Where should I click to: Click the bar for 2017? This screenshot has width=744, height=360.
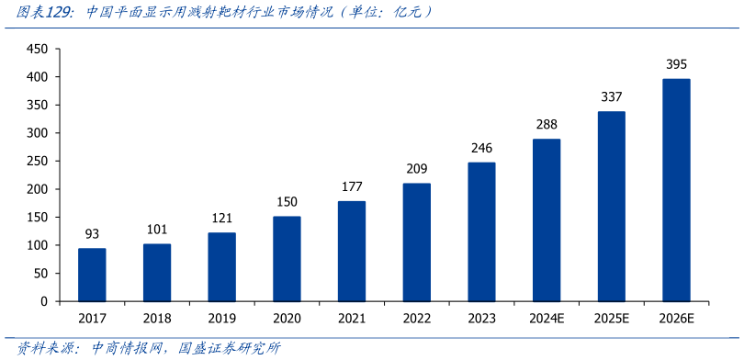92,275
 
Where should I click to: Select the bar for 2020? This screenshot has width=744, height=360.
287,259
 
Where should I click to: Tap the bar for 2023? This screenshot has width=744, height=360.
481,231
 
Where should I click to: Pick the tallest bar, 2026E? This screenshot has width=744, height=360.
676,190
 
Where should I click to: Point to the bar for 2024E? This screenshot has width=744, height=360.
547,219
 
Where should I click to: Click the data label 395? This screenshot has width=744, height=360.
676,64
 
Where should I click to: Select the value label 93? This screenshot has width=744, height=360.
92,234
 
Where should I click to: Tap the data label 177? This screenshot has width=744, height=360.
352,187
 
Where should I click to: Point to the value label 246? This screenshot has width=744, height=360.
481,148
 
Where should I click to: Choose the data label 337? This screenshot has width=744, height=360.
611,97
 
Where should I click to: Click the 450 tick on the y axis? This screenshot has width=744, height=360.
37,49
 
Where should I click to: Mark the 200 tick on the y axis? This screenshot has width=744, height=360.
37,189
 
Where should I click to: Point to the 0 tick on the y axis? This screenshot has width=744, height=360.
42,301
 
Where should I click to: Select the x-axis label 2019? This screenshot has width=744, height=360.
221,319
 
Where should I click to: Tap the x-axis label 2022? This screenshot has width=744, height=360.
416,319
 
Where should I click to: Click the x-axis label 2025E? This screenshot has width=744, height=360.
611,319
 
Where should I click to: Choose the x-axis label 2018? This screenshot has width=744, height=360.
157,319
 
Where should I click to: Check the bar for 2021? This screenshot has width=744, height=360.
352,251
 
